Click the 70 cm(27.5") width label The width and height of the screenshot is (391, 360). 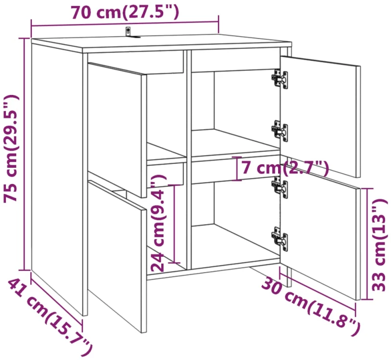pyautogui.click(x=125, y=12)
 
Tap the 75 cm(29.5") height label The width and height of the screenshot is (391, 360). pyautogui.click(x=11, y=148)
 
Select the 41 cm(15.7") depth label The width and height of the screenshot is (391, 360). pyautogui.click(x=50, y=317)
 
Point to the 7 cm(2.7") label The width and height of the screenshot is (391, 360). pyautogui.click(x=285, y=168)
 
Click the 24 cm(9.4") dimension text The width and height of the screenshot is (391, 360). pyautogui.click(x=158, y=223)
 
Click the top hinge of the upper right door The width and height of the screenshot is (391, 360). pyautogui.click(x=280, y=79)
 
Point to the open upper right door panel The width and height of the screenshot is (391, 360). pyautogui.click(x=320, y=117)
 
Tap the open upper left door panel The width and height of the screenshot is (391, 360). pyautogui.click(x=117, y=130)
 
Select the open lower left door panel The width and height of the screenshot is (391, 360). pyautogui.click(x=117, y=256)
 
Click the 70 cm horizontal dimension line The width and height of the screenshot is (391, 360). pyautogui.click(x=125, y=24)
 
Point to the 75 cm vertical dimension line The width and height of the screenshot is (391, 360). pyautogui.click(x=24, y=154)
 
